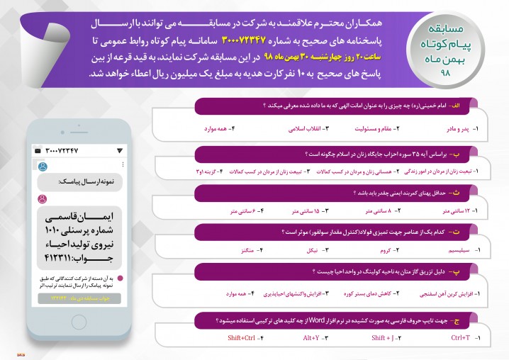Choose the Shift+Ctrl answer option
tap(242, 339)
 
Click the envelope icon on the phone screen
tap(37, 151)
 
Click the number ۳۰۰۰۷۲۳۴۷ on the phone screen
tap(66, 151)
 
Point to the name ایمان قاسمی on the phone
tap(79, 215)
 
